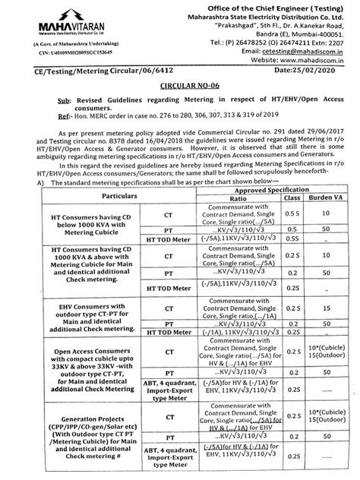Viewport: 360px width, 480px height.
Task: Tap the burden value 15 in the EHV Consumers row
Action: coord(325,309)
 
